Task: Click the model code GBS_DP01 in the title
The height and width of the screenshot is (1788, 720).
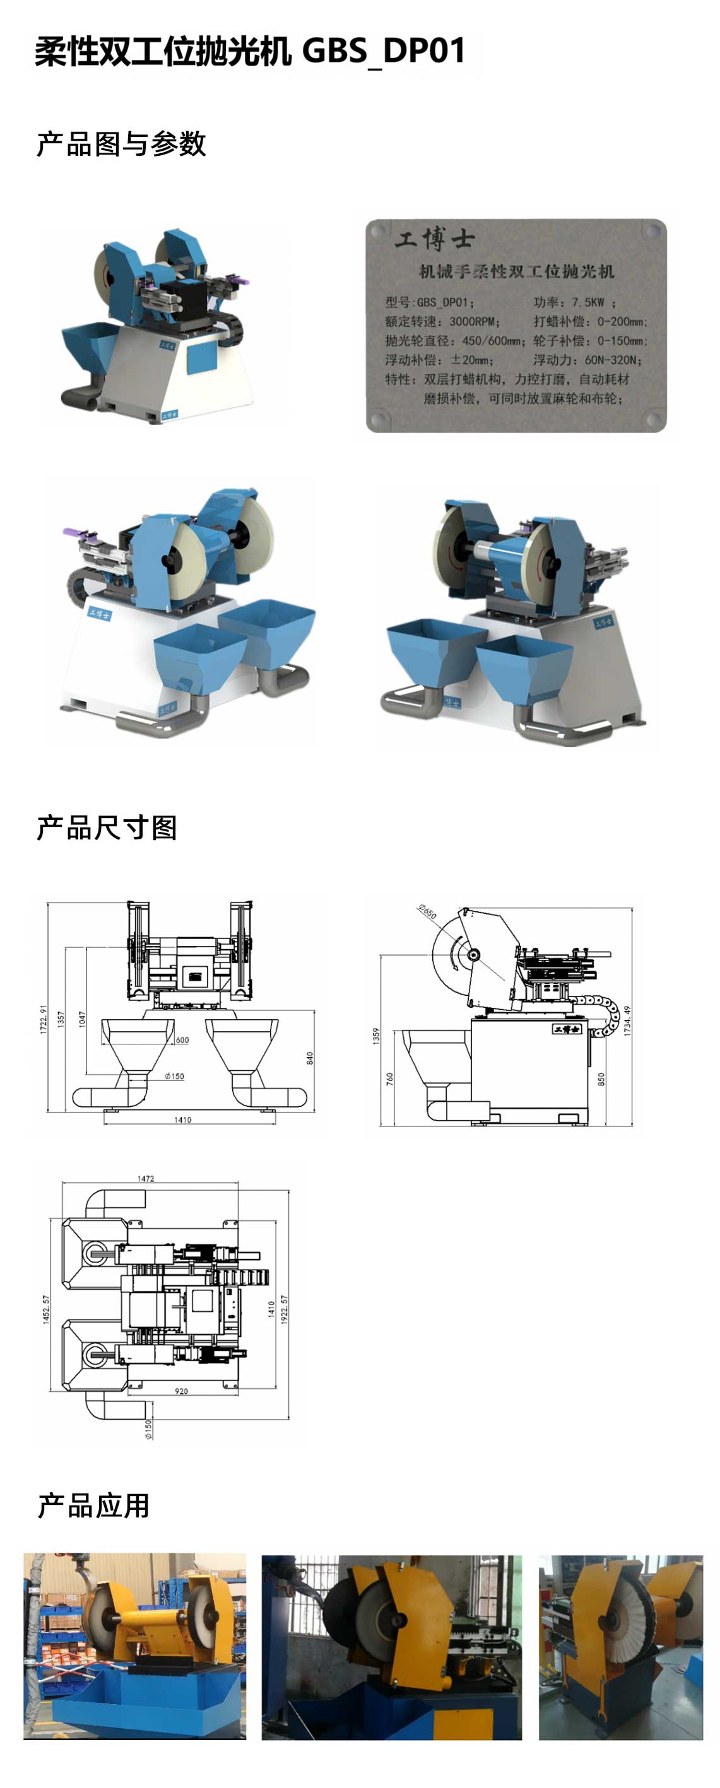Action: pyautogui.click(x=383, y=50)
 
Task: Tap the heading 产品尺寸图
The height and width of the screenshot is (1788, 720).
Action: pyautogui.click(x=107, y=828)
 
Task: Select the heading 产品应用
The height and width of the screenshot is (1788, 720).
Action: pyautogui.click(x=94, y=1505)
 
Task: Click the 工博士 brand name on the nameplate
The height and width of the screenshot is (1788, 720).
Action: pyautogui.click(x=435, y=240)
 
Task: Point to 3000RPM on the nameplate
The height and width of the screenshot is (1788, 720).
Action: pyautogui.click(x=472, y=322)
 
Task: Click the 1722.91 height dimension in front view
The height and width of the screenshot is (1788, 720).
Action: pyautogui.click(x=43, y=1019)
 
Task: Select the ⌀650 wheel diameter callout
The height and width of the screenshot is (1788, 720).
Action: pyautogui.click(x=427, y=911)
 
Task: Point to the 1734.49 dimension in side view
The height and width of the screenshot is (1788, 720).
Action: pyautogui.click(x=627, y=1020)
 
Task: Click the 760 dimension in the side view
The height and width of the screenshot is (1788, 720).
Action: pyautogui.click(x=389, y=1078)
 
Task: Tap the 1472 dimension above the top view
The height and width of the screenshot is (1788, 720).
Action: pyautogui.click(x=146, y=1179)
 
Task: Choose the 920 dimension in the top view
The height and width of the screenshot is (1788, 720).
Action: pyautogui.click(x=181, y=1390)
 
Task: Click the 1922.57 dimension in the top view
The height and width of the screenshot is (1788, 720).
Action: pyautogui.click(x=284, y=1309)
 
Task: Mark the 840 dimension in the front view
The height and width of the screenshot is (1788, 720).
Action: pyautogui.click(x=310, y=1058)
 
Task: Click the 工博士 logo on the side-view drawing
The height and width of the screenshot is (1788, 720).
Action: pyautogui.click(x=566, y=1029)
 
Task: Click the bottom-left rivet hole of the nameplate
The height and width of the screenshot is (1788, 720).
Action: pyautogui.click(x=379, y=419)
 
